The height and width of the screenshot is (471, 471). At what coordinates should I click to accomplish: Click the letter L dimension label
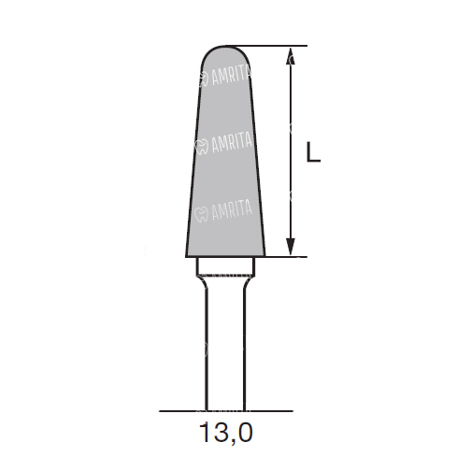(x=313, y=151)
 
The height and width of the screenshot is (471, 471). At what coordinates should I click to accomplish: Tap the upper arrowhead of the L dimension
(x=291, y=56)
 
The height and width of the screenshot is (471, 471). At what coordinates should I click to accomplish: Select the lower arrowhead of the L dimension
(x=291, y=247)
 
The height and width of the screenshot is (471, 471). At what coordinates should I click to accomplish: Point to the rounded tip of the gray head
(x=225, y=46)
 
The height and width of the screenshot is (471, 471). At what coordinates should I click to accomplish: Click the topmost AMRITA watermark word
(x=232, y=76)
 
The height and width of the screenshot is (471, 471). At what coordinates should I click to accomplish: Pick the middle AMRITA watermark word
(x=232, y=143)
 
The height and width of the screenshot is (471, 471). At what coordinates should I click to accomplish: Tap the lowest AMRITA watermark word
(x=232, y=210)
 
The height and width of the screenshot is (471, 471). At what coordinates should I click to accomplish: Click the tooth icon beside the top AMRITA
(x=204, y=79)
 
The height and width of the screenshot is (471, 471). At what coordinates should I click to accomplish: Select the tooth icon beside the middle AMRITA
(x=202, y=147)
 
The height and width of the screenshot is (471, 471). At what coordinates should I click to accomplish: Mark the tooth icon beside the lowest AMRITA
(x=201, y=214)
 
